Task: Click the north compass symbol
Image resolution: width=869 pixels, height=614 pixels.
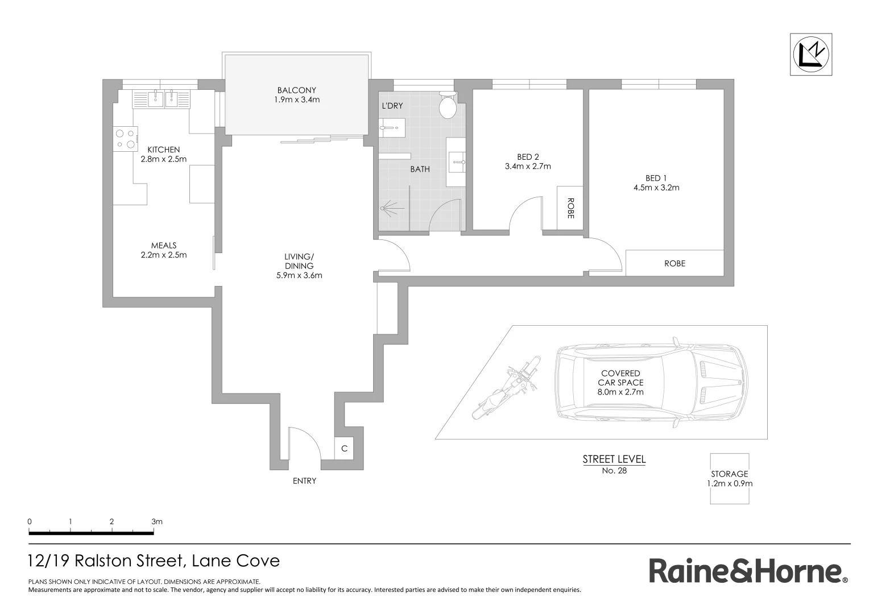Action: [811, 54]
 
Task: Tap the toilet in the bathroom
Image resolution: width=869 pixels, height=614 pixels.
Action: [448, 105]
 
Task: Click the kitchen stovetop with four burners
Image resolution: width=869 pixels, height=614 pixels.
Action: [126, 139]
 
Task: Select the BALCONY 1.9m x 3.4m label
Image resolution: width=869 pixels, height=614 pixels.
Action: [296, 95]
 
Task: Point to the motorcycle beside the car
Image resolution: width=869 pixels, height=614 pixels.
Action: [506, 388]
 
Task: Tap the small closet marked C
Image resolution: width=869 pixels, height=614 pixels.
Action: [344, 449]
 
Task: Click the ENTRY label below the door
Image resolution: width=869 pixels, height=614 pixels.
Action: [304, 481]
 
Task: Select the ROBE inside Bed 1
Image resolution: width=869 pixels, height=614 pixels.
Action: [674, 263]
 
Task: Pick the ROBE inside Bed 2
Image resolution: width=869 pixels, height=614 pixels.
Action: [570, 208]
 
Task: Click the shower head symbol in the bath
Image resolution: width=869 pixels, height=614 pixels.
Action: [387, 208]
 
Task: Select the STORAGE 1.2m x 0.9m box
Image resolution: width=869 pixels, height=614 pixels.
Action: [729, 479]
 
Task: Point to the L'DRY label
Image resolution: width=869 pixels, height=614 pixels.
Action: [392, 106]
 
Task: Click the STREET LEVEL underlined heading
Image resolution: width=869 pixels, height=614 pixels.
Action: [614, 459]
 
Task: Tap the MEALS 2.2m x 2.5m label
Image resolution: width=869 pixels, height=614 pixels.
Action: [164, 250]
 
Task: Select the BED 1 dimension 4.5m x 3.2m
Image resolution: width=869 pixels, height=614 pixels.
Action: [656, 188]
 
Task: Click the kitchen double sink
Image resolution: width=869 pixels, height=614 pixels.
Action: [163, 99]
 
